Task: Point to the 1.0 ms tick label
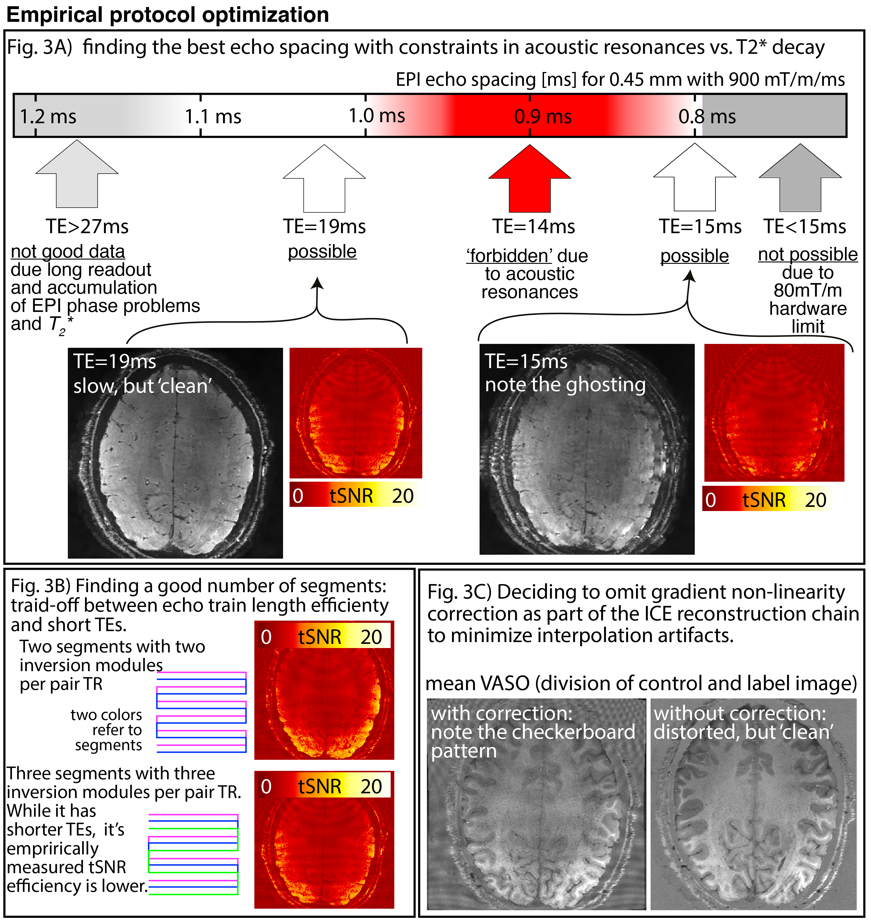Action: (377, 116)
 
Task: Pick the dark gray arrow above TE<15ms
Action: (800, 179)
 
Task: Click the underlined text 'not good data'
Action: (68, 252)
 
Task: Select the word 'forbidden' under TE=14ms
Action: (509, 256)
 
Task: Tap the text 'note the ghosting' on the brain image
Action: (565, 385)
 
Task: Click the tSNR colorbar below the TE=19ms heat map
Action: (355, 495)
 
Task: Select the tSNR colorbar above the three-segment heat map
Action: (324, 786)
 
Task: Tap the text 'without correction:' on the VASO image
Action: (740, 713)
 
